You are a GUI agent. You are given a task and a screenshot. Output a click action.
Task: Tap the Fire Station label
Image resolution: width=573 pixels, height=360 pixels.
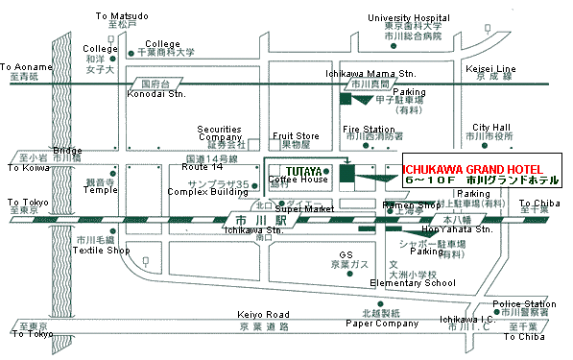pos(369,129)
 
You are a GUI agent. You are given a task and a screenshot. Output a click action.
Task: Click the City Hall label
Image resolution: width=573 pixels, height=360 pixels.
pos(490,127)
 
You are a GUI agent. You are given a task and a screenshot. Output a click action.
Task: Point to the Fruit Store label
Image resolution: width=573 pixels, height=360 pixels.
pos(296,136)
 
